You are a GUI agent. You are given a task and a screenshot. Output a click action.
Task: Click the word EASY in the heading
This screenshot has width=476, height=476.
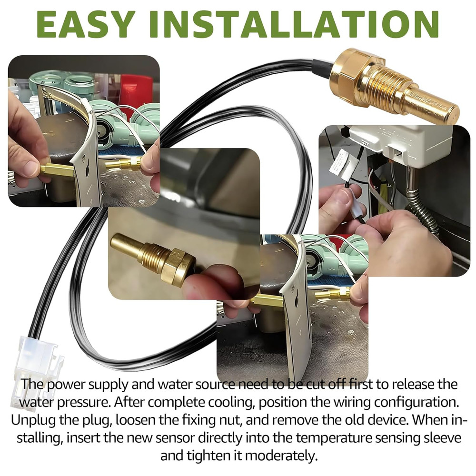[x=86, y=24]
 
